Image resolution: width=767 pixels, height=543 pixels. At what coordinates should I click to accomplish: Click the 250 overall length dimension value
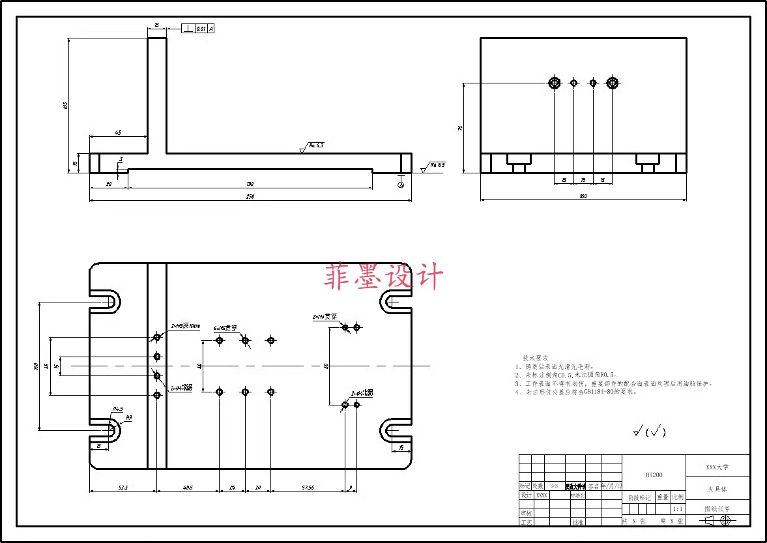point(250,196)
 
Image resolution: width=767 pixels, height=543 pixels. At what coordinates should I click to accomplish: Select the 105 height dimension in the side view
point(65,106)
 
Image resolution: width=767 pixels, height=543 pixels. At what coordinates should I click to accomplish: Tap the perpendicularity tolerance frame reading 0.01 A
point(197,29)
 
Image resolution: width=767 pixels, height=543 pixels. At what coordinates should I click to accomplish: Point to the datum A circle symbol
point(401,185)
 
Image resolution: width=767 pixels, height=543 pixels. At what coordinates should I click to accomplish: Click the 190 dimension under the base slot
point(250,184)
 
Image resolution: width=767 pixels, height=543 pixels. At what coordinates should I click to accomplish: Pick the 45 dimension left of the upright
point(118,133)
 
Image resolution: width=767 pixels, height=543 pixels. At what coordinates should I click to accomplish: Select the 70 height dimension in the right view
point(460,128)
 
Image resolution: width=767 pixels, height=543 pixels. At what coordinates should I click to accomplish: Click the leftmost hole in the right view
point(554,83)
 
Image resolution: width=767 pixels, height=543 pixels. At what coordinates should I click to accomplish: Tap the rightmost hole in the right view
point(612,83)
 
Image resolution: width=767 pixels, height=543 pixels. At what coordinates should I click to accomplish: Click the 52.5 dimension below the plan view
point(123,487)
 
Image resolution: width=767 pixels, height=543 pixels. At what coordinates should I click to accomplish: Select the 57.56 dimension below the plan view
point(307,487)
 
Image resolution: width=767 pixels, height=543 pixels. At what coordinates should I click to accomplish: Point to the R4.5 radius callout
point(118,409)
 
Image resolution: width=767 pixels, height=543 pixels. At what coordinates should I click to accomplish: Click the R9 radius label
point(129,417)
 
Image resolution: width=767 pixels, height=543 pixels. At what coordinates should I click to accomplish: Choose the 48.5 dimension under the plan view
point(188,487)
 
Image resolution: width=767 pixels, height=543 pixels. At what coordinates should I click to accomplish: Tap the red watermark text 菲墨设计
point(383,277)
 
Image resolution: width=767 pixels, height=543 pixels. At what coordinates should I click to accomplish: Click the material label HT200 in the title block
point(654,475)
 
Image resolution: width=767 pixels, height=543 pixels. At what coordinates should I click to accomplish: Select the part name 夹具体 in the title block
point(717,488)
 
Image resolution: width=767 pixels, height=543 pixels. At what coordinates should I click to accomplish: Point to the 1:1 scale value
point(678,509)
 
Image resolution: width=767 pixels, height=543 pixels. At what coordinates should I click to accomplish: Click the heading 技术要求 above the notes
point(535,359)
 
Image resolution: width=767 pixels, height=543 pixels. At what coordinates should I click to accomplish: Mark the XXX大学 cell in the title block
point(717,467)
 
